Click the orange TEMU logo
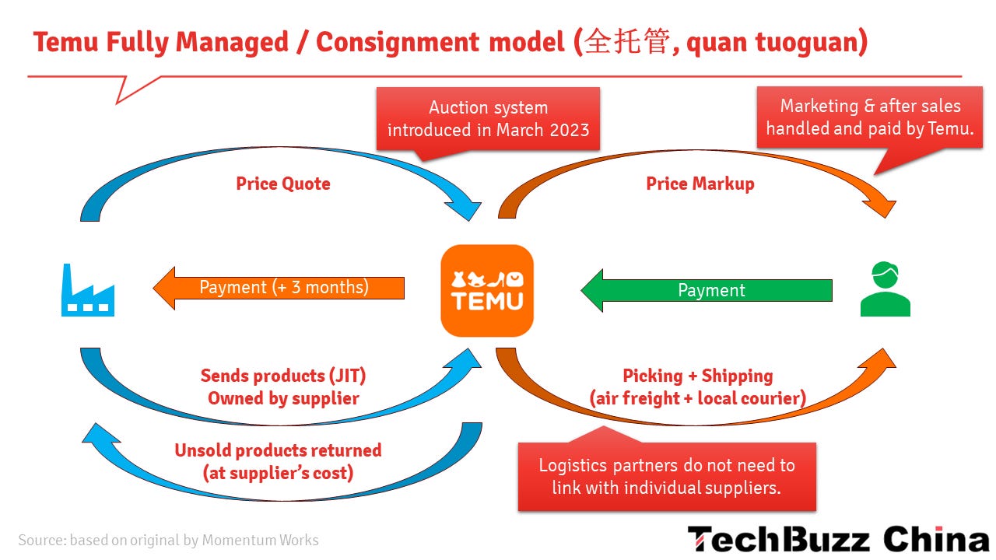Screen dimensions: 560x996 [x=487, y=290]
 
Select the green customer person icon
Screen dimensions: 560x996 [x=886, y=289]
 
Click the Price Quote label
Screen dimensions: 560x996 [x=283, y=184]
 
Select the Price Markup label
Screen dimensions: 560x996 [x=700, y=184]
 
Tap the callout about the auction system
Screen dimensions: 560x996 [x=488, y=118]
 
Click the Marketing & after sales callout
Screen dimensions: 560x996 [x=869, y=117]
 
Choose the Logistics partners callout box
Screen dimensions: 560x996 [x=667, y=477]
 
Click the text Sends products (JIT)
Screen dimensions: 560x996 [x=283, y=376]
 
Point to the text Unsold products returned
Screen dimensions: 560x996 [x=278, y=450]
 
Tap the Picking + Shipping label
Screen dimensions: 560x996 [x=698, y=376]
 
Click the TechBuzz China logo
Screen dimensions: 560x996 [x=837, y=539]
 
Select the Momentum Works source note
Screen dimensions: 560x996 [x=168, y=540]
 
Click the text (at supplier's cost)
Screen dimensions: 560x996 [x=278, y=473]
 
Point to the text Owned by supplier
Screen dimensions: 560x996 [x=283, y=398]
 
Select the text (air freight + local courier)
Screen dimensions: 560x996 [x=698, y=399]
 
